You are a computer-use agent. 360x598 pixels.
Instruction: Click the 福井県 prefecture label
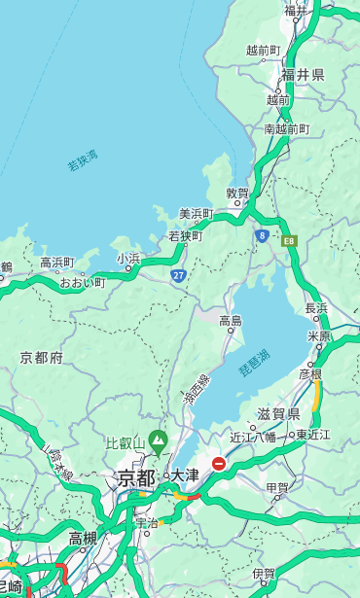click(303, 75)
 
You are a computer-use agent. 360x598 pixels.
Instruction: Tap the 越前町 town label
click(263, 50)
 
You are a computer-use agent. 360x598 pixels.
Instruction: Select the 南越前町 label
click(286, 128)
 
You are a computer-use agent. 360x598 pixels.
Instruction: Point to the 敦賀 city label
click(237, 193)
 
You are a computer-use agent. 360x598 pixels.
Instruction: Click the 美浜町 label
click(196, 214)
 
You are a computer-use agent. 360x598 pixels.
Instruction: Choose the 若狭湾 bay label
click(83, 160)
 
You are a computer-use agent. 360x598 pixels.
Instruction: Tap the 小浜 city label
click(128, 259)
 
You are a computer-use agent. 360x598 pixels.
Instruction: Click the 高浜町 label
click(56, 263)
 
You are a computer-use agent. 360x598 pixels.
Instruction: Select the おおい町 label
click(83, 283)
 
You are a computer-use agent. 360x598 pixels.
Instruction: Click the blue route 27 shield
click(178, 276)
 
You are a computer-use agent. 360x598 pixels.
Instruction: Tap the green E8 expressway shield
click(289, 240)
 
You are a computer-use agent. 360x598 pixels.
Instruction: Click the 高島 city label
click(231, 321)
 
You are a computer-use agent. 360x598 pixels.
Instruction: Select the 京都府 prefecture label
click(42, 358)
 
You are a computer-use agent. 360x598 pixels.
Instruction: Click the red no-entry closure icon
click(220, 464)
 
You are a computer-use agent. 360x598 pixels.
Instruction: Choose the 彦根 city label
click(310, 373)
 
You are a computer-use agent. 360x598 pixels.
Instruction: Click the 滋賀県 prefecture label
click(278, 414)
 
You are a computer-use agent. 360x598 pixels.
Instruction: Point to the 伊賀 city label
click(263, 573)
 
